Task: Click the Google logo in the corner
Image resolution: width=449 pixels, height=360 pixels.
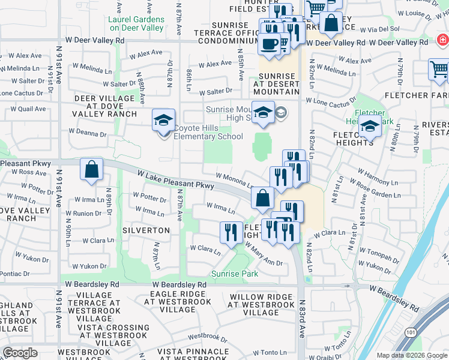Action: click(x=20, y=353)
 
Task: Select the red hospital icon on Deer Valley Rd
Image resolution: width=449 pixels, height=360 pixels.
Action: click(x=442, y=41)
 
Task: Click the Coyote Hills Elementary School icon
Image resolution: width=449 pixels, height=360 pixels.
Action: click(x=164, y=121)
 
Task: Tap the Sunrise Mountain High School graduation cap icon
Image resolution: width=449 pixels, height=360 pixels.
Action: click(x=263, y=113)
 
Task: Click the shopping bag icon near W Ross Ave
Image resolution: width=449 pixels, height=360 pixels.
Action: click(x=91, y=169)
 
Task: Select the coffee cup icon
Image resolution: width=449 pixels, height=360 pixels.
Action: click(x=268, y=44)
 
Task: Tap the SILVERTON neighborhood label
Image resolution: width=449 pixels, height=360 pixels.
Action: click(x=146, y=230)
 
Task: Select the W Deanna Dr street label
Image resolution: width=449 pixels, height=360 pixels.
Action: click(x=87, y=132)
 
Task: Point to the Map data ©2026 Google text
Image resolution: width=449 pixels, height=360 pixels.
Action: click(x=412, y=355)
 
